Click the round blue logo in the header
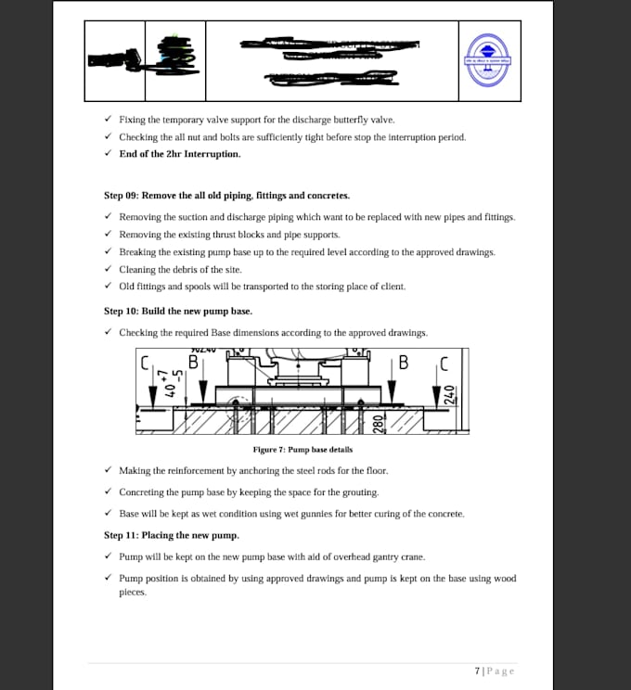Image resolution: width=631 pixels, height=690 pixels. click(489, 60)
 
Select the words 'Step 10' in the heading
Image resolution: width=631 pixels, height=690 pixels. click(121, 311)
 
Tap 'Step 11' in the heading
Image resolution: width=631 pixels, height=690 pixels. click(121, 535)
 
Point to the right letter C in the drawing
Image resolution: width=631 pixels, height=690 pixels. click(444, 364)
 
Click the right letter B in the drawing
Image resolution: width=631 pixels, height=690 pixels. click(403, 363)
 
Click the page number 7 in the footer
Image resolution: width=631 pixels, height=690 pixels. click(476, 671)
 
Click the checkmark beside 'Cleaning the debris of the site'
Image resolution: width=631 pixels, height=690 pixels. click(109, 269)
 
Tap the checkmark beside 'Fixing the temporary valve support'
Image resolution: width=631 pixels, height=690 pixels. click(109, 120)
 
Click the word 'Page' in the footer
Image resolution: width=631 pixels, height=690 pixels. click(500, 671)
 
